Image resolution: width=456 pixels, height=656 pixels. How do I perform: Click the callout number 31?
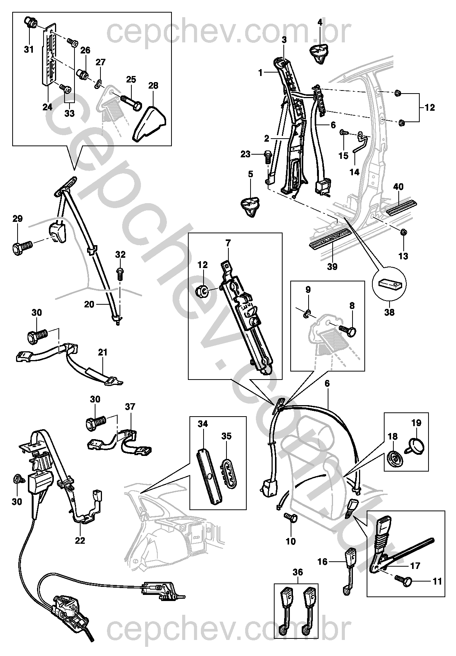pos(29,49)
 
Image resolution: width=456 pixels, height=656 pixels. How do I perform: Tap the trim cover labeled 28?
pos(150,121)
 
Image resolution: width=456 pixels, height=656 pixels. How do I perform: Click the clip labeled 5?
pos(251,205)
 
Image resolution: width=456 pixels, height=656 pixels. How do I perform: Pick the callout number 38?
pos(390,313)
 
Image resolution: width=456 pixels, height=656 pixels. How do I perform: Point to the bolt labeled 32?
pos(120,274)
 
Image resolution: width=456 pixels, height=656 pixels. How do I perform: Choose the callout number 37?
pos(130,407)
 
